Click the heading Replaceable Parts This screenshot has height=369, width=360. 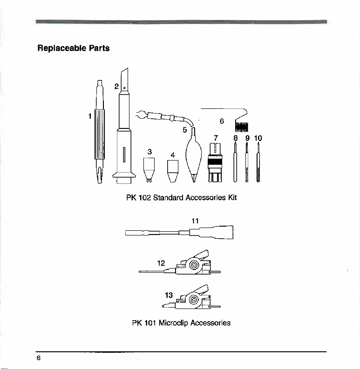coord(74,48)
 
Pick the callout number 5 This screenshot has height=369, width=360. coord(184,129)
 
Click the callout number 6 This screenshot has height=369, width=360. coord(222,121)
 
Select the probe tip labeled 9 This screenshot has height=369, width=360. coord(247,163)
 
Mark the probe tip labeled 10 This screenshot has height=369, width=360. coord(258,163)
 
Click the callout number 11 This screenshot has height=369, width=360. coord(196,221)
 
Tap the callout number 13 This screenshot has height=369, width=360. coord(169,295)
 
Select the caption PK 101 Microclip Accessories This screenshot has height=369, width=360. coord(182,322)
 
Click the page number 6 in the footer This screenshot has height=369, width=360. coord(40,357)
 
